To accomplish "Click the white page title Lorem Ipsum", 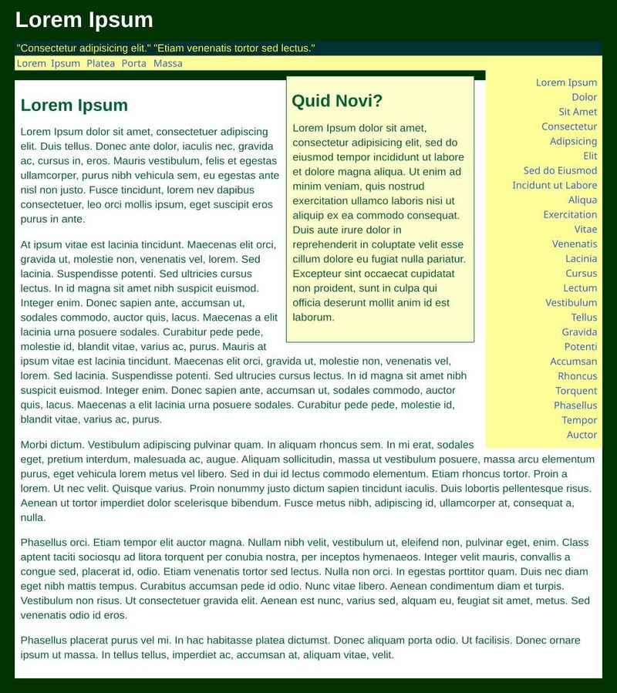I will [x=84, y=20].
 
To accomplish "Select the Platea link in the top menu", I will [x=100, y=63].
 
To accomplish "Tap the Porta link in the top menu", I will [x=133, y=63].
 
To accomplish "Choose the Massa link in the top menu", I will [x=168, y=63].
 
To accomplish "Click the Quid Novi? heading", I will [x=337, y=101].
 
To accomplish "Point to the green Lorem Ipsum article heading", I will [x=74, y=106].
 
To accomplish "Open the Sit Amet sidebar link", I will [x=578, y=112].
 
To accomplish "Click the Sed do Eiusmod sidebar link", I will [x=560, y=170].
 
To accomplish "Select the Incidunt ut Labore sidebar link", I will [x=555, y=185].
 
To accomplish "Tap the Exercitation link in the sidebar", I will [x=570, y=214].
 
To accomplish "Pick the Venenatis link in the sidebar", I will [x=575, y=244].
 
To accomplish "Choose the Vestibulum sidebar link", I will [x=571, y=302].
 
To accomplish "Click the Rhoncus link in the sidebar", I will [x=577, y=376].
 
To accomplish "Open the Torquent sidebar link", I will [x=576, y=391].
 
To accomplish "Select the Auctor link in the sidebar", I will [x=582, y=435].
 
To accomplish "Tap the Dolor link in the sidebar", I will [x=584, y=97].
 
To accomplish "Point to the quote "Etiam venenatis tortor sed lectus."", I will [x=234, y=49].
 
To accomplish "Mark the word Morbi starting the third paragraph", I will [x=35, y=445].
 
